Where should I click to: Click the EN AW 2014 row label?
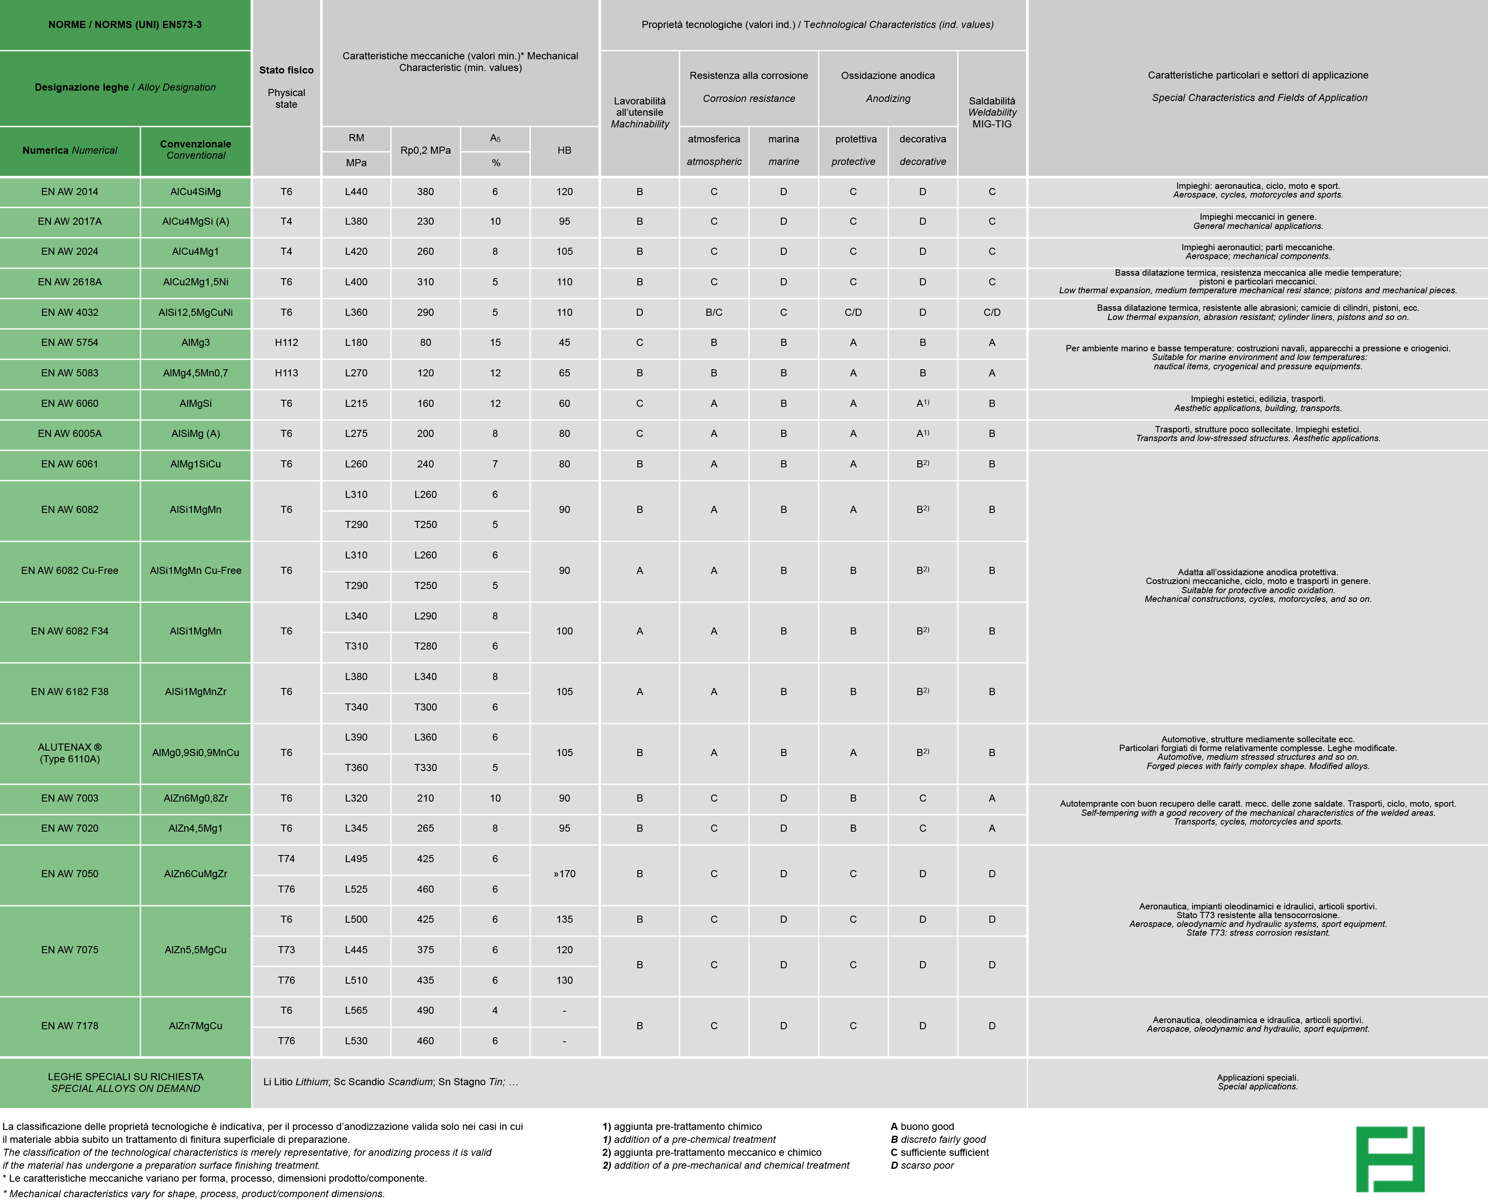click(69, 192)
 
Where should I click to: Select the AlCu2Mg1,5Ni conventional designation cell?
click(196, 282)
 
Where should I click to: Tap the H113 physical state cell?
click(286, 373)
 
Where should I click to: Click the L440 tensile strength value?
click(356, 192)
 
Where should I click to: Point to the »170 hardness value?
click(564, 874)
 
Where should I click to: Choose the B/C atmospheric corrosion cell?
click(714, 312)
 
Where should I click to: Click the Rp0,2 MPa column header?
click(425, 150)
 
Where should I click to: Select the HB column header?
click(564, 150)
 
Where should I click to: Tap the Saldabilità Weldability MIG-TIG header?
click(992, 112)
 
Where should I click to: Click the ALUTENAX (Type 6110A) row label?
click(69, 753)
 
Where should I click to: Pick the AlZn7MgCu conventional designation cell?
click(196, 1025)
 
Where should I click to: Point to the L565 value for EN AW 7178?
click(356, 1010)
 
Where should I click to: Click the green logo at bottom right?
click(1389, 1159)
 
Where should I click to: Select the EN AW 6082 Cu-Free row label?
click(69, 570)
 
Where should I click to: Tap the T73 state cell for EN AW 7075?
click(286, 949)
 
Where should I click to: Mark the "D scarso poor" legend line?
click(922, 1165)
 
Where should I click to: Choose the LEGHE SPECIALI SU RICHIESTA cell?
click(125, 1082)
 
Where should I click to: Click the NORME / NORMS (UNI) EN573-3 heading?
click(125, 25)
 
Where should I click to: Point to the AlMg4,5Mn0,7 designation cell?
click(196, 373)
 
